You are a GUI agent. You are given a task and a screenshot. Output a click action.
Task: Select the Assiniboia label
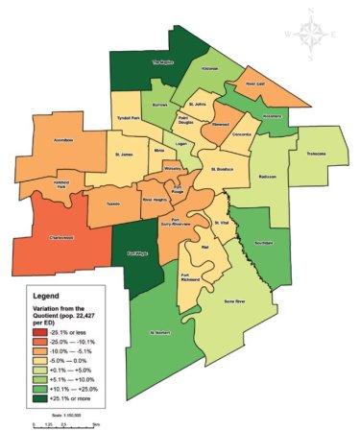click(x=61, y=139)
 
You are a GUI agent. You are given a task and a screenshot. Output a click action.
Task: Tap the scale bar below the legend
click(x=66, y=420)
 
